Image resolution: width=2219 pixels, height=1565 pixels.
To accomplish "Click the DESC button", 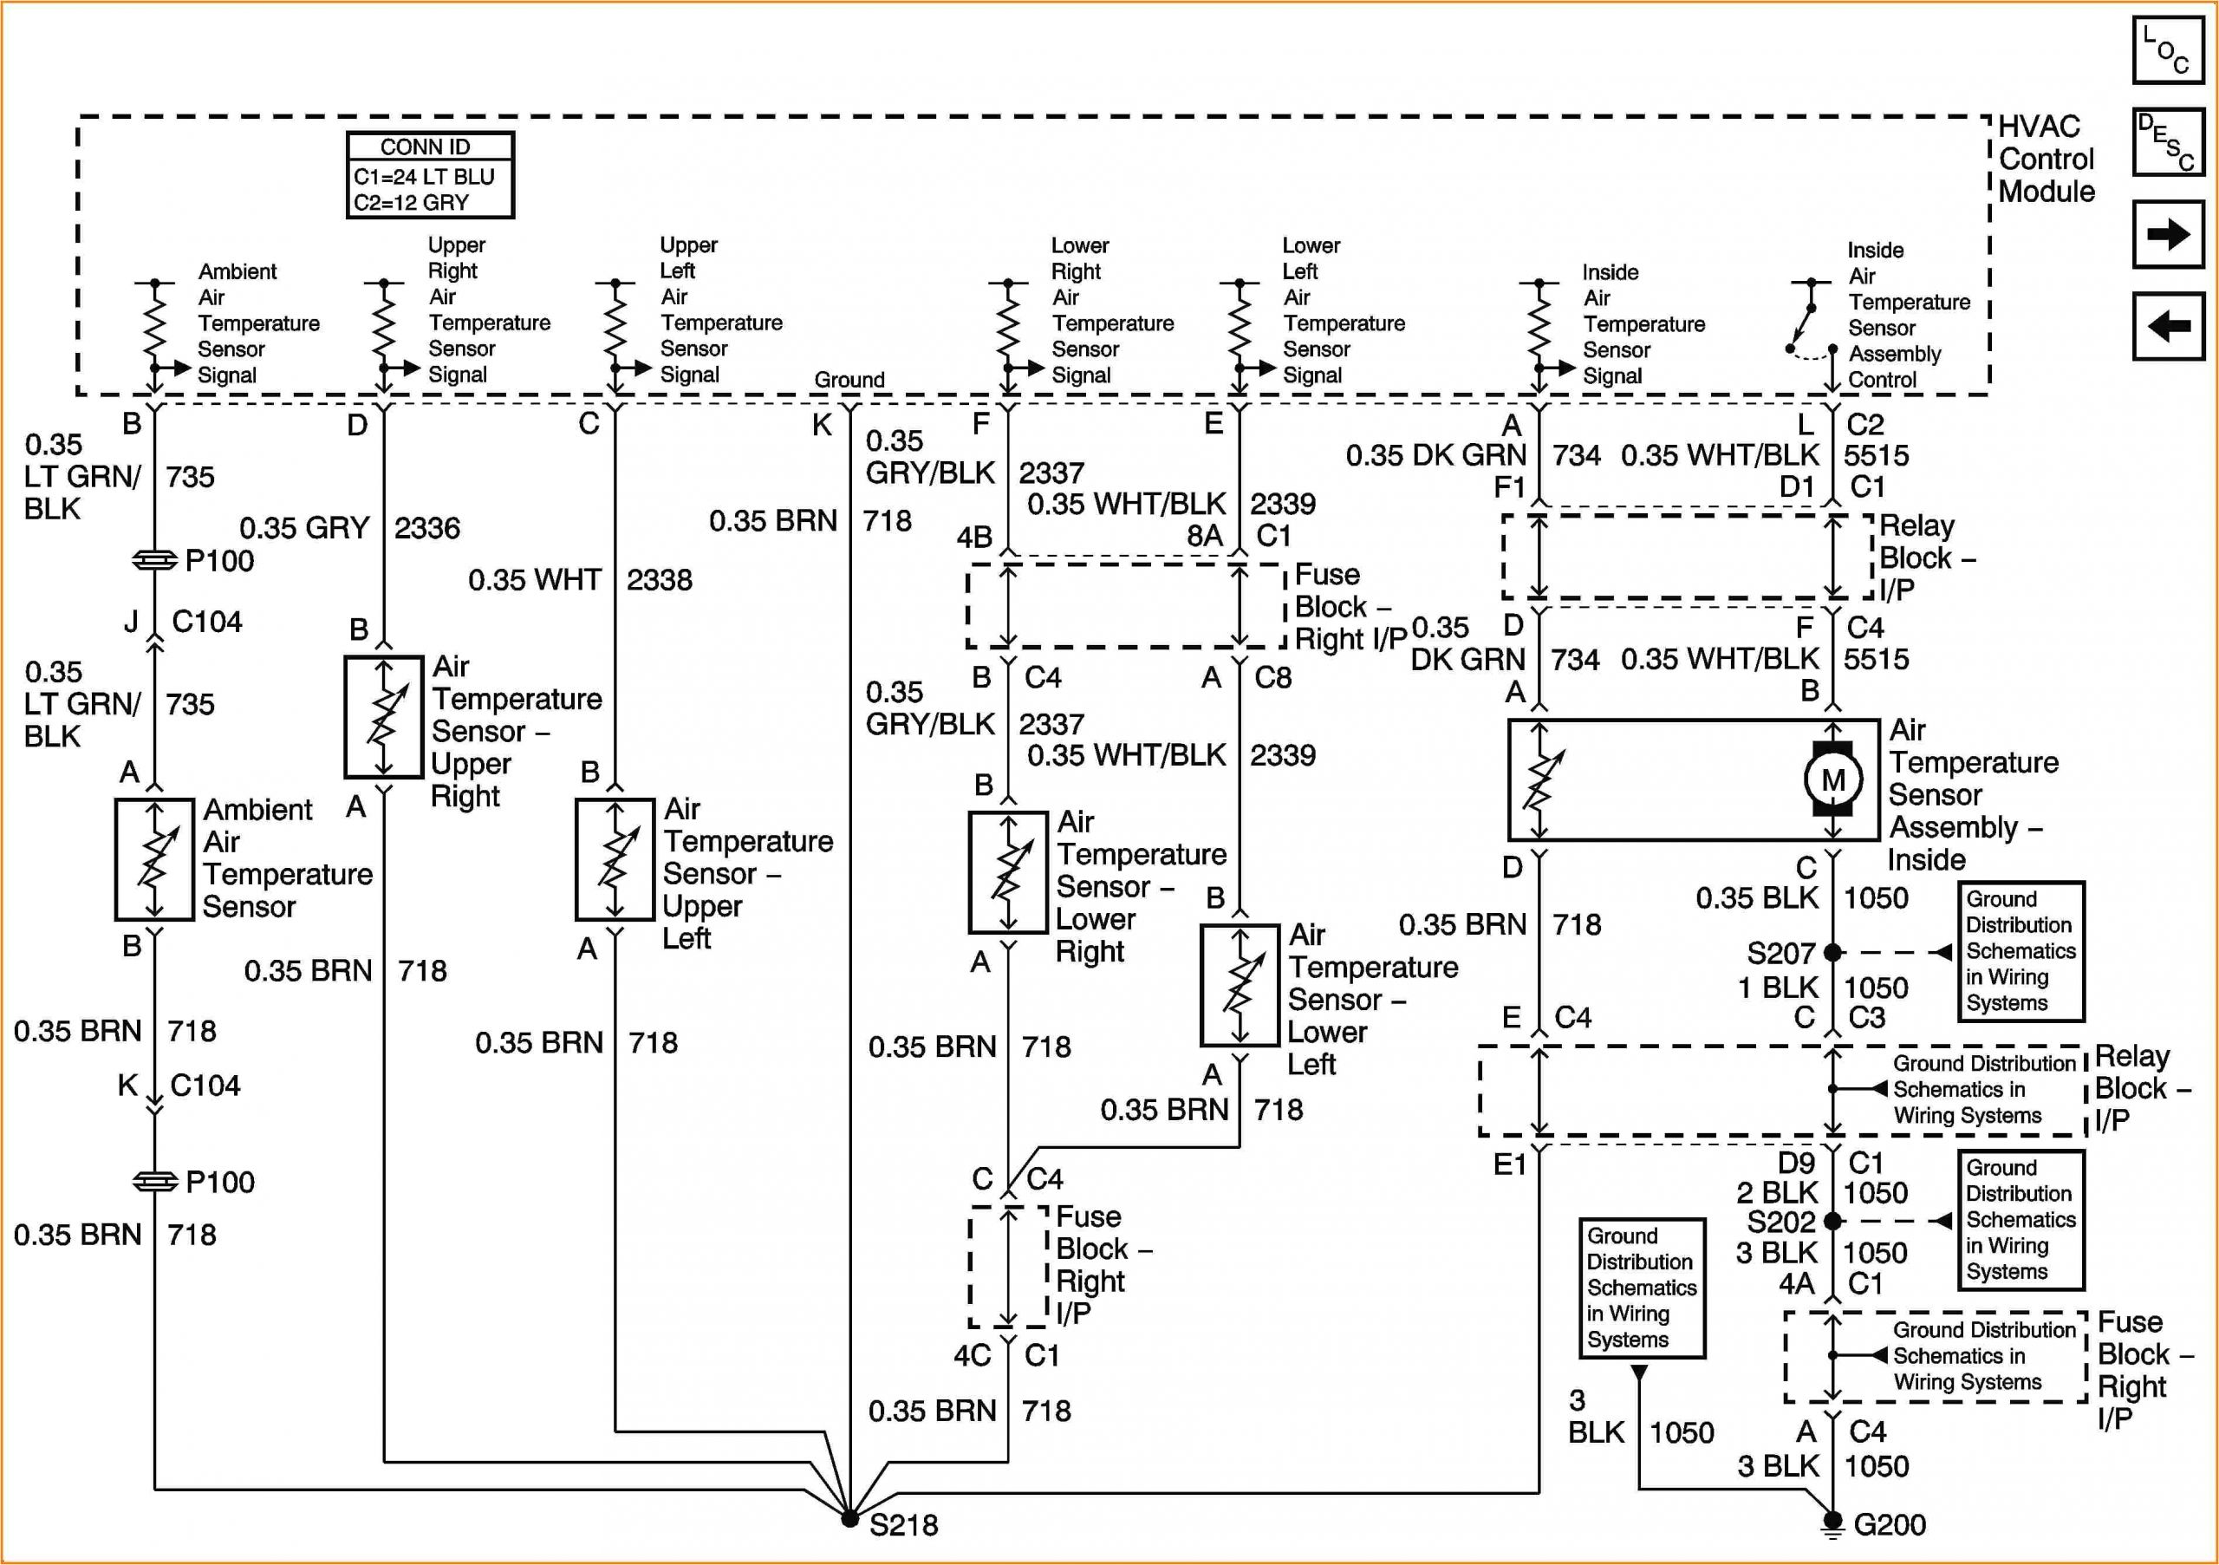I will tap(2168, 141).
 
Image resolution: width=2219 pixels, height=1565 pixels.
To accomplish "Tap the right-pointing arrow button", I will tap(2168, 234).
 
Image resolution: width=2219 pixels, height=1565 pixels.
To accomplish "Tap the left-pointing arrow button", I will tap(2168, 326).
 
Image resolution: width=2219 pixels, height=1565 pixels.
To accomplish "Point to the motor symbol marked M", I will tap(1832, 779).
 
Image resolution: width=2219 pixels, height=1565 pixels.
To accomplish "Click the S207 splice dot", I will tap(1832, 952).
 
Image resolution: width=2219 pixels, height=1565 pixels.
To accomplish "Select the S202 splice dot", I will tap(1832, 1221).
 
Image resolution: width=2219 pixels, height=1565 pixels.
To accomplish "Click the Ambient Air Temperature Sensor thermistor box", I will tap(154, 859).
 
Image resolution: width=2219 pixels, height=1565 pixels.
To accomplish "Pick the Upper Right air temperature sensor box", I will tap(384, 716).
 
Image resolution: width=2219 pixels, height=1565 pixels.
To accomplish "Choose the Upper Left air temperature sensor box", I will tap(615, 858).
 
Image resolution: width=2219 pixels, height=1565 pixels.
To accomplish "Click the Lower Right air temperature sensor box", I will tap(1008, 872).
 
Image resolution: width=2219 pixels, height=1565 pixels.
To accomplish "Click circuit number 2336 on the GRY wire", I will tap(427, 528).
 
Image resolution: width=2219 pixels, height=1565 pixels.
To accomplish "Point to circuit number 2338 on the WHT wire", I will tap(659, 580).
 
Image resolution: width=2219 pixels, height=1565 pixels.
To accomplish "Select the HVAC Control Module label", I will tap(2045, 159).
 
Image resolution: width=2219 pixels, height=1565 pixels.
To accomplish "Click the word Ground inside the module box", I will tap(849, 380).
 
